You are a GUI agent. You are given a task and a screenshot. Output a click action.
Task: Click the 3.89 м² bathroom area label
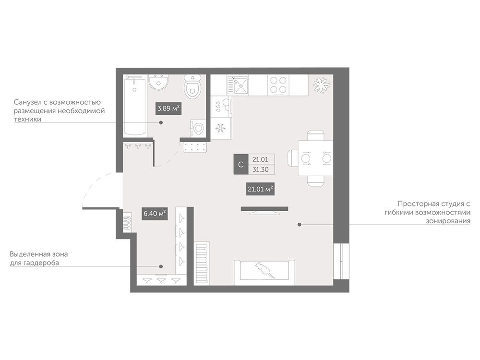coord(168,108)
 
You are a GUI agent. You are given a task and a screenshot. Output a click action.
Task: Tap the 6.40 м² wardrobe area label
coord(155,214)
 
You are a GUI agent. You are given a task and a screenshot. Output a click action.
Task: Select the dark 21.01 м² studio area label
coord(260,189)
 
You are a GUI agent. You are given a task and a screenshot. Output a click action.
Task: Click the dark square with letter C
coord(241,164)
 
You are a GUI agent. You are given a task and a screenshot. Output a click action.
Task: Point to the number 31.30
coord(261,169)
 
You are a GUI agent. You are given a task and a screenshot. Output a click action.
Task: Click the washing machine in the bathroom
coord(197,128)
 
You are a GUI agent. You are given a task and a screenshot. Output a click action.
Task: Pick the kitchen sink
coord(238,85)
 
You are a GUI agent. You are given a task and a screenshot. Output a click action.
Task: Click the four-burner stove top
coord(278,85)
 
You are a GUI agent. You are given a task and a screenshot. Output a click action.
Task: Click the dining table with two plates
coord(316,158)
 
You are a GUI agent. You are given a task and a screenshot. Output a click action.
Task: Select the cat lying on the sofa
coord(264,269)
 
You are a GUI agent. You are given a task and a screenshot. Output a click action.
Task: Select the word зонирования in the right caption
coord(448,221)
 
